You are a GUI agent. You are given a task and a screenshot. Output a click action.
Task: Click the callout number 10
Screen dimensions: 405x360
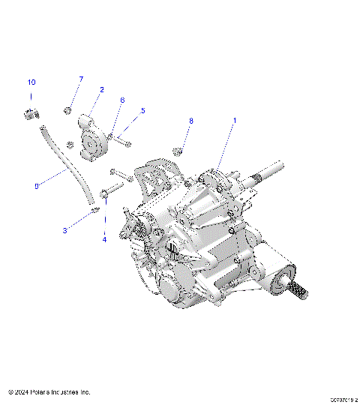click(x=31, y=82)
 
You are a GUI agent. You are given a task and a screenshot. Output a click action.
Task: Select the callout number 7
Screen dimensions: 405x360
click(x=81, y=79)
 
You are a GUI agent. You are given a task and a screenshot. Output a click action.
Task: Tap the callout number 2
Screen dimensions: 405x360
click(x=101, y=89)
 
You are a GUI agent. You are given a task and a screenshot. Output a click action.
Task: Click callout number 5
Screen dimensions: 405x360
click(x=143, y=110)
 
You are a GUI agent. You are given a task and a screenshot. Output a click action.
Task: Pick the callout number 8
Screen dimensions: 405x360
click(x=191, y=120)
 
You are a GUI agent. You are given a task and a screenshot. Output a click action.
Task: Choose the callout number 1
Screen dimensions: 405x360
click(x=234, y=120)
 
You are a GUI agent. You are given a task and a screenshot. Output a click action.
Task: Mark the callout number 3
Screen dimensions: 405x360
click(x=64, y=230)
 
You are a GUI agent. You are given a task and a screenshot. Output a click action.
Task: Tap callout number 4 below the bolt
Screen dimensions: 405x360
click(x=104, y=239)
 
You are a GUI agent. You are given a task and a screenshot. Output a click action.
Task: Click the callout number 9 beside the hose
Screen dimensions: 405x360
click(x=37, y=186)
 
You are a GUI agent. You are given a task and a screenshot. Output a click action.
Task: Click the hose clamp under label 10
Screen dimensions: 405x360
click(x=31, y=113)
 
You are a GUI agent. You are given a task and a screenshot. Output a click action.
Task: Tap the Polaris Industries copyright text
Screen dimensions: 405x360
click(x=49, y=391)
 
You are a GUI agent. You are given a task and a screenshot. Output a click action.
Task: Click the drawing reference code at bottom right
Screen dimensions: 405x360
click(x=335, y=400)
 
